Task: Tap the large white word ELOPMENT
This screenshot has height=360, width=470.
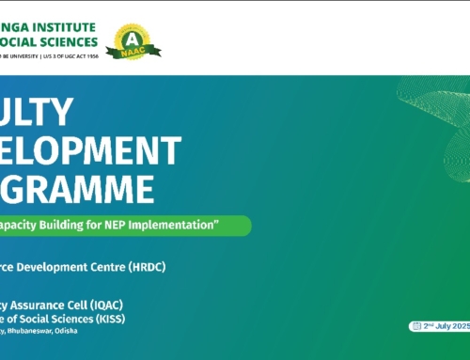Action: pos(77,150)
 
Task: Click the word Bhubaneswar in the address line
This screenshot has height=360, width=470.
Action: pos(44,331)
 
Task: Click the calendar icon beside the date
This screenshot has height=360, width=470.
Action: pos(415,325)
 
